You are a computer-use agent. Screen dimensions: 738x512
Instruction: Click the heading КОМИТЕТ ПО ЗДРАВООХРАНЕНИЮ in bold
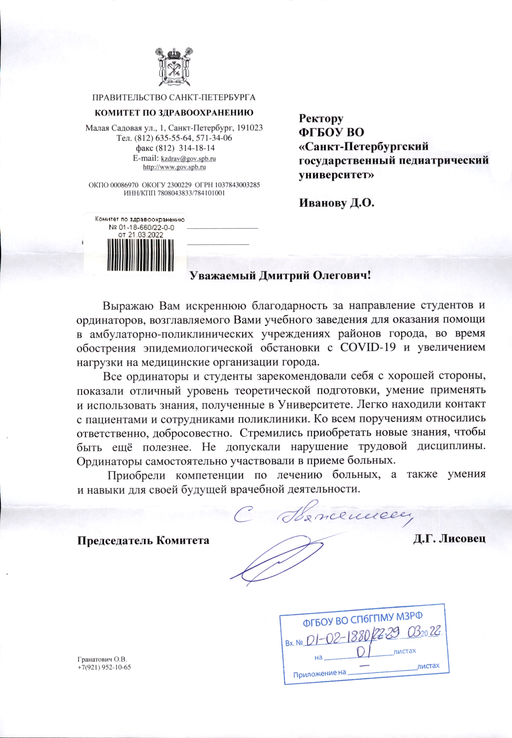pyautogui.click(x=173, y=113)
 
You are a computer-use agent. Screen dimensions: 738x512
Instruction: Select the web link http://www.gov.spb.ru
pyautogui.click(x=174, y=167)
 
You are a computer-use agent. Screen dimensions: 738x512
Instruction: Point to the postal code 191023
pyautogui.click(x=250, y=128)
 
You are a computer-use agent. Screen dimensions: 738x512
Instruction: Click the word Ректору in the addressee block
pyautogui.click(x=321, y=119)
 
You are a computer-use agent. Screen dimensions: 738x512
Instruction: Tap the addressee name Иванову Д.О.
pyautogui.click(x=337, y=203)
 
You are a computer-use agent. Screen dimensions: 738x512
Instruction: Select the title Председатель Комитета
pyautogui.click(x=143, y=540)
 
